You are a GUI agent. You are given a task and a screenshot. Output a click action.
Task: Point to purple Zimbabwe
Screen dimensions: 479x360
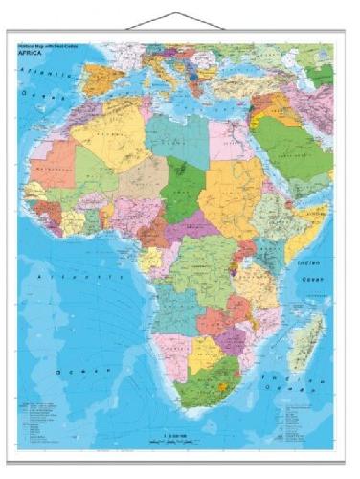click(x=235, y=335)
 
